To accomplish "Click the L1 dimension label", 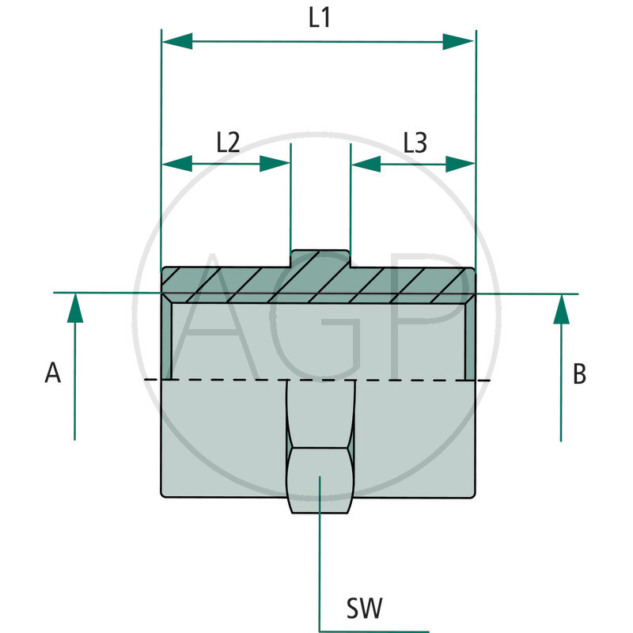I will (x=319, y=19).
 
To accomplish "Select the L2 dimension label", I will (x=228, y=142).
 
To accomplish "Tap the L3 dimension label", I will (x=415, y=142).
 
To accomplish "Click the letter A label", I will (x=53, y=373).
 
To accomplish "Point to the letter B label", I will (x=579, y=373).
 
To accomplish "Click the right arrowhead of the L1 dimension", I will (x=459, y=42).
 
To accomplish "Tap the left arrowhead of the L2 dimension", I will (x=177, y=164).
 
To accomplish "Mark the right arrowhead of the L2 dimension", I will (x=275, y=164).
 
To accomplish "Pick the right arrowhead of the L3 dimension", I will (x=459, y=164).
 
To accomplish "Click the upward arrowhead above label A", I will (x=74, y=308).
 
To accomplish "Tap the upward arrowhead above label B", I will (x=561, y=309).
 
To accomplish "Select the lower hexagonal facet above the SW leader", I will (x=319, y=480).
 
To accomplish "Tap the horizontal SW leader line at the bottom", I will (x=372, y=631).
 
